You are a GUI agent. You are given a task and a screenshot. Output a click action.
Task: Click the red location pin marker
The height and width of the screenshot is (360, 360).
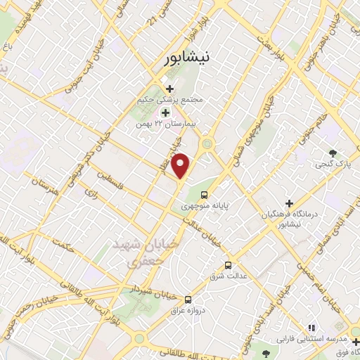[181, 165]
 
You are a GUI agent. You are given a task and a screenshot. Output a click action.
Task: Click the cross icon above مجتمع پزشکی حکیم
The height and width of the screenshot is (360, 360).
[169, 88]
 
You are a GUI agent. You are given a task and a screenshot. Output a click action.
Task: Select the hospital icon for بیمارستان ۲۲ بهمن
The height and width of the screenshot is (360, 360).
[165, 112]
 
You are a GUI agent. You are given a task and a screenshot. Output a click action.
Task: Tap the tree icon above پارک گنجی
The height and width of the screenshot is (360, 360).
[333, 153]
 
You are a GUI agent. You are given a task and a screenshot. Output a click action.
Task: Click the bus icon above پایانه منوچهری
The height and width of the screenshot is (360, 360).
[205, 194]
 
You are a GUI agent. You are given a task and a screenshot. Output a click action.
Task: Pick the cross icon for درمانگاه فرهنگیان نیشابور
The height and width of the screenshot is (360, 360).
[289, 202]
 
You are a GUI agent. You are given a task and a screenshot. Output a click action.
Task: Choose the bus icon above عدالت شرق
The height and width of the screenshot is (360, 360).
[228, 265]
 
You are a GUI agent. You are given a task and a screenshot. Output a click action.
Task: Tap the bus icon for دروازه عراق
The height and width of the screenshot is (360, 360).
[187, 298]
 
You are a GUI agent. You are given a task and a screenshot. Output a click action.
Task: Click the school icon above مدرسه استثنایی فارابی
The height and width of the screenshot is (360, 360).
[312, 328]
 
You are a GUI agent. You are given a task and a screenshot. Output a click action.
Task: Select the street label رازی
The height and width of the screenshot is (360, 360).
[90, 191]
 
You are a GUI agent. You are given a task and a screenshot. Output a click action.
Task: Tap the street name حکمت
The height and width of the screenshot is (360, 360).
[65, 245]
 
